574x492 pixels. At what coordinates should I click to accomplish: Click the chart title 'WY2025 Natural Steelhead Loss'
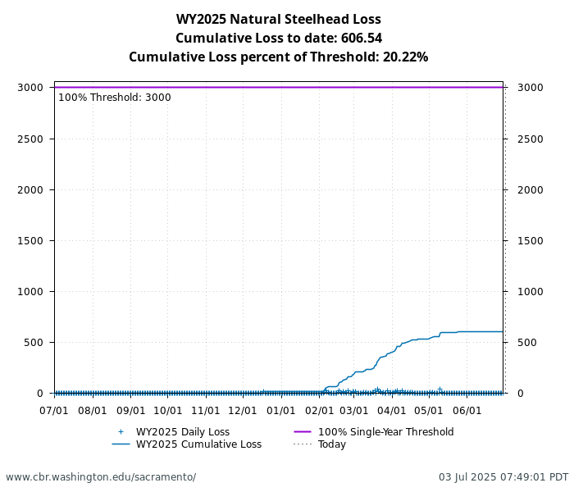[278, 20]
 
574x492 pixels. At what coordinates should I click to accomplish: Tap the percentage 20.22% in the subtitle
[405, 57]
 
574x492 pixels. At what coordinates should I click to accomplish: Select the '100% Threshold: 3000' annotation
[115, 98]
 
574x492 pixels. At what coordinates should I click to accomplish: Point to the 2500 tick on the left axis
[31, 139]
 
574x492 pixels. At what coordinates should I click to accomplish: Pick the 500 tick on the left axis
[34, 342]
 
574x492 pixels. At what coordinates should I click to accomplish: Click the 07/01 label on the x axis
[54, 410]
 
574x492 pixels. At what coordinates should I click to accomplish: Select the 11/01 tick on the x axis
[206, 410]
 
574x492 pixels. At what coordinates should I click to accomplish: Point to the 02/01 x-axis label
[319, 410]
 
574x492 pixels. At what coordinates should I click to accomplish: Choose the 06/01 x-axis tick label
[467, 410]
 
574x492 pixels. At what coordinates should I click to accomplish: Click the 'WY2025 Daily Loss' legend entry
[182, 432]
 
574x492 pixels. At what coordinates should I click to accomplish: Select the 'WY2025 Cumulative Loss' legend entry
[198, 444]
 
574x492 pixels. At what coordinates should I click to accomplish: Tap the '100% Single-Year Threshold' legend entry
[385, 432]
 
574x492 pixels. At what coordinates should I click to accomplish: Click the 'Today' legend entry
[332, 444]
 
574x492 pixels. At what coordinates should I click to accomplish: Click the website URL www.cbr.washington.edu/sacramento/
[101, 477]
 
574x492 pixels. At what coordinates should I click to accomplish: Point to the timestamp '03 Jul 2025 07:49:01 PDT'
[503, 477]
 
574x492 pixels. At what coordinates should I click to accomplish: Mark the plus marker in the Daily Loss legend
[121, 432]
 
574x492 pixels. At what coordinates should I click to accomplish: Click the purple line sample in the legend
[303, 432]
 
